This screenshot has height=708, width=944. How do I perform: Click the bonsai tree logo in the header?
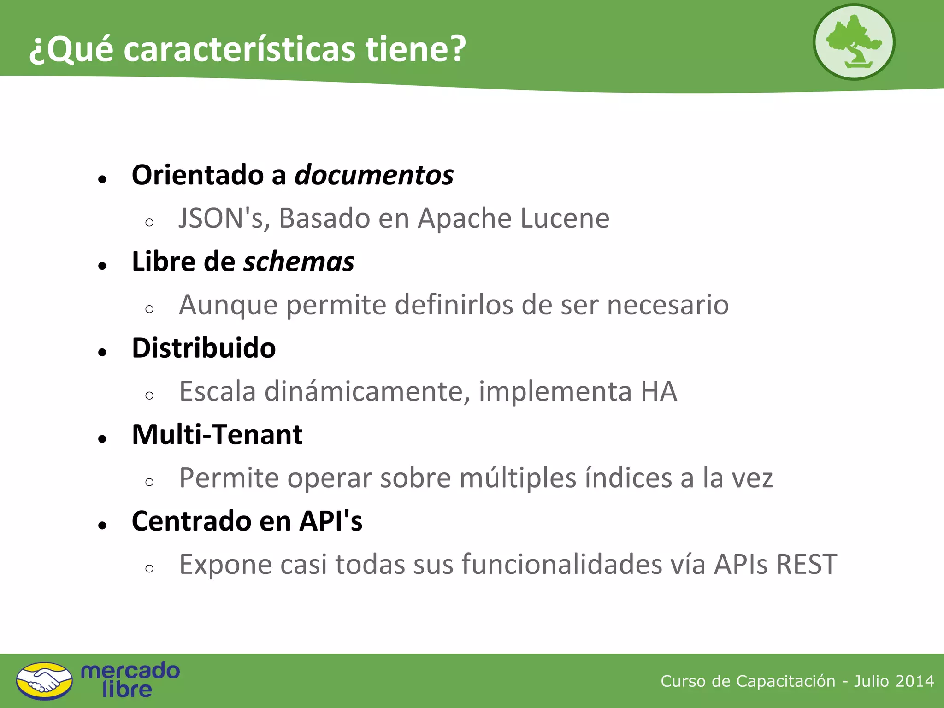click(x=854, y=42)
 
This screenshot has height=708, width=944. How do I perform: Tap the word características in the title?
click(x=240, y=49)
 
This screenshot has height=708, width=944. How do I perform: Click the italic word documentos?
click(x=374, y=176)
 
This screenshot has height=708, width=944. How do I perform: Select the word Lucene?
click(x=565, y=218)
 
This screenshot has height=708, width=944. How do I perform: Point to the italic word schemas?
click(x=299, y=262)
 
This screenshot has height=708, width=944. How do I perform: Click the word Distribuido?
click(x=204, y=348)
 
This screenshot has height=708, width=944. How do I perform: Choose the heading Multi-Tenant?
click(x=217, y=435)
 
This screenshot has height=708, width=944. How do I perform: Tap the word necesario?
click(x=667, y=305)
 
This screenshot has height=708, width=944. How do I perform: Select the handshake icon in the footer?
click(x=44, y=680)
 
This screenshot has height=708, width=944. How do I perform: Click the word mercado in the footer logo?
click(x=130, y=671)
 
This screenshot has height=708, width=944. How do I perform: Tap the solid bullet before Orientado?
click(x=102, y=179)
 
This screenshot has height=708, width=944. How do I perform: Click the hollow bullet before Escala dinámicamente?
click(x=149, y=395)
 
